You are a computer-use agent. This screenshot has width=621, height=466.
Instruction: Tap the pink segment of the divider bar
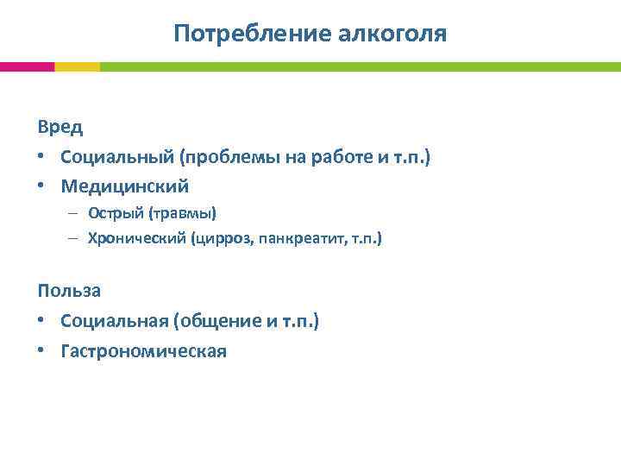(x=27, y=66)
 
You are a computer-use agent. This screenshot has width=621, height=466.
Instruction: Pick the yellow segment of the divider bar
(x=77, y=66)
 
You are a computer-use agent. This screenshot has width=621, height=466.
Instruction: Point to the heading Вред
(x=60, y=127)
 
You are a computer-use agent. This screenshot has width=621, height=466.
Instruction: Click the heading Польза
(x=69, y=291)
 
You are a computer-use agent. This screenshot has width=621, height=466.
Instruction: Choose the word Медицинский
(x=124, y=186)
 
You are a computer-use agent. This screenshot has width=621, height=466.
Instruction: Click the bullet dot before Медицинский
(x=42, y=186)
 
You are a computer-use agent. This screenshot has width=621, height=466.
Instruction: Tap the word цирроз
(x=227, y=237)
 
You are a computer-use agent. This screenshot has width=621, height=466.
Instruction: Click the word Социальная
(x=115, y=321)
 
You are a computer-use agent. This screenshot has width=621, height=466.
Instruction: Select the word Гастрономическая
(x=143, y=350)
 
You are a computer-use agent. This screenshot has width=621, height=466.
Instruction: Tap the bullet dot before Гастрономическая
(x=42, y=351)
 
